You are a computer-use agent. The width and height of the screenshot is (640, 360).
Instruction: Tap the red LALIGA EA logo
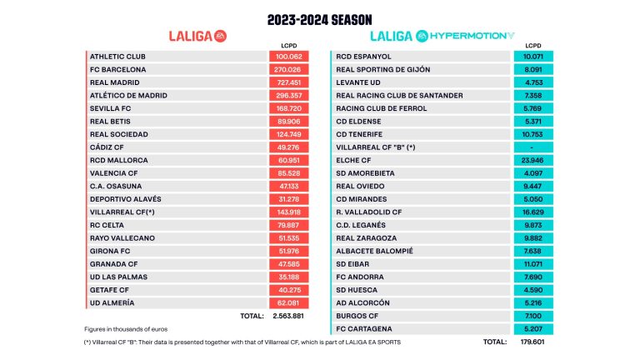[197, 36]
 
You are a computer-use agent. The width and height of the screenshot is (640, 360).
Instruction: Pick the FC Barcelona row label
[117, 69]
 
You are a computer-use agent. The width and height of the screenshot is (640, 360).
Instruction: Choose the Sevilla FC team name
[112, 108]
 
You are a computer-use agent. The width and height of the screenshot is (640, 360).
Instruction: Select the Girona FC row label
[110, 251]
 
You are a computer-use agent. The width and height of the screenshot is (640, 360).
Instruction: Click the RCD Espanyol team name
[362, 57]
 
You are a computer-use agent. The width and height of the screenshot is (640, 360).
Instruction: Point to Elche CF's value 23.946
[531, 160]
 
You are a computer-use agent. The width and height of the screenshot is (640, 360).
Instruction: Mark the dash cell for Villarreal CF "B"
[531, 147]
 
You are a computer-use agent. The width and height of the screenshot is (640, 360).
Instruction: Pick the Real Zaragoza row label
[365, 237]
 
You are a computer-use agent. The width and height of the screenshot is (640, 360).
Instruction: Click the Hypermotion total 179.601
[531, 342]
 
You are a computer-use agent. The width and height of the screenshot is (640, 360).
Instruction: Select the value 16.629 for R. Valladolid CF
[531, 212]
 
